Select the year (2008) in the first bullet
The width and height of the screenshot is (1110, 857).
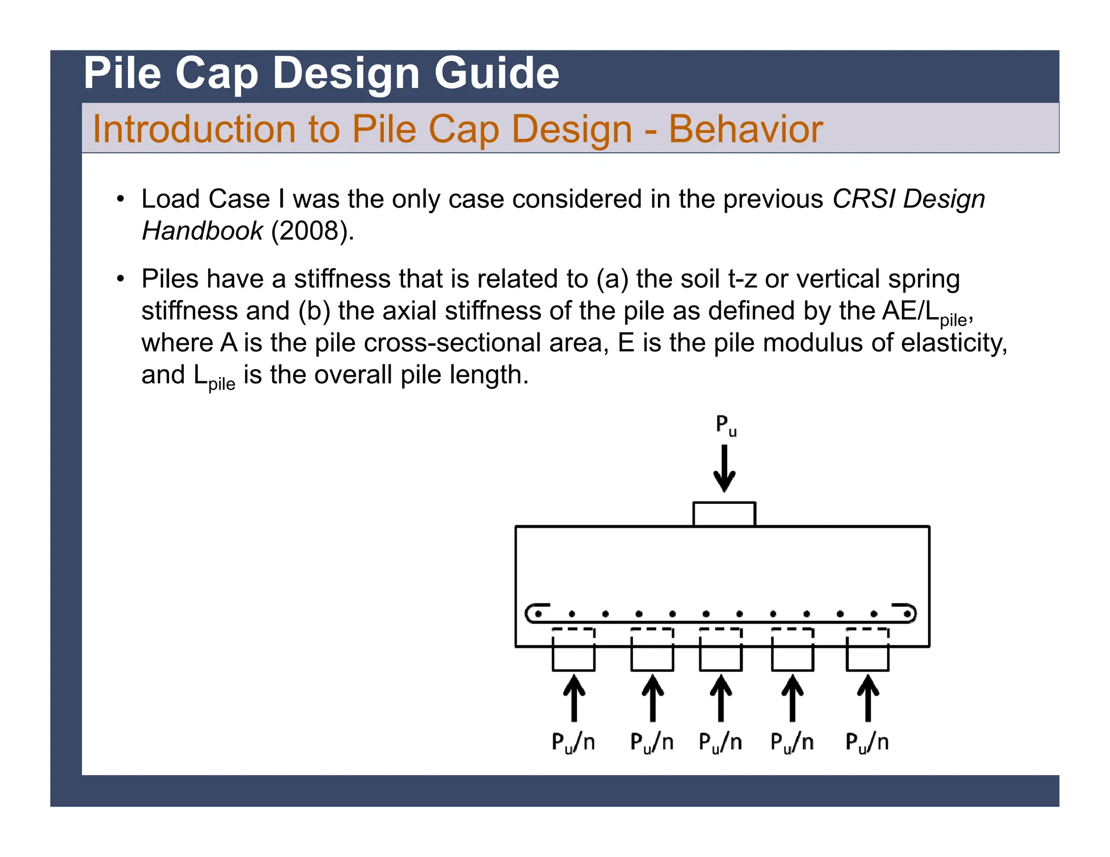click(x=312, y=231)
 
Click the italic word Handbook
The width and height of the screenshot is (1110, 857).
click(x=202, y=231)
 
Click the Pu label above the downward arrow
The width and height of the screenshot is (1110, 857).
click(x=726, y=425)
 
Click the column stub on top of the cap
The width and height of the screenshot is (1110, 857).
click(x=724, y=514)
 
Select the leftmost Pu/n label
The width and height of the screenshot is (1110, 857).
click(x=573, y=742)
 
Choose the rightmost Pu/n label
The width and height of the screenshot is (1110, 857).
click(x=867, y=742)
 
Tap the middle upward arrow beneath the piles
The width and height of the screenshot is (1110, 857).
click(x=721, y=698)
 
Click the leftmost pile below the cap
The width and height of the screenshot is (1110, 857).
click(x=573, y=658)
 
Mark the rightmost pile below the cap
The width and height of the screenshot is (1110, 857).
click(x=867, y=658)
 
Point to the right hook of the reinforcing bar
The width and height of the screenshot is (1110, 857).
click(x=908, y=613)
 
